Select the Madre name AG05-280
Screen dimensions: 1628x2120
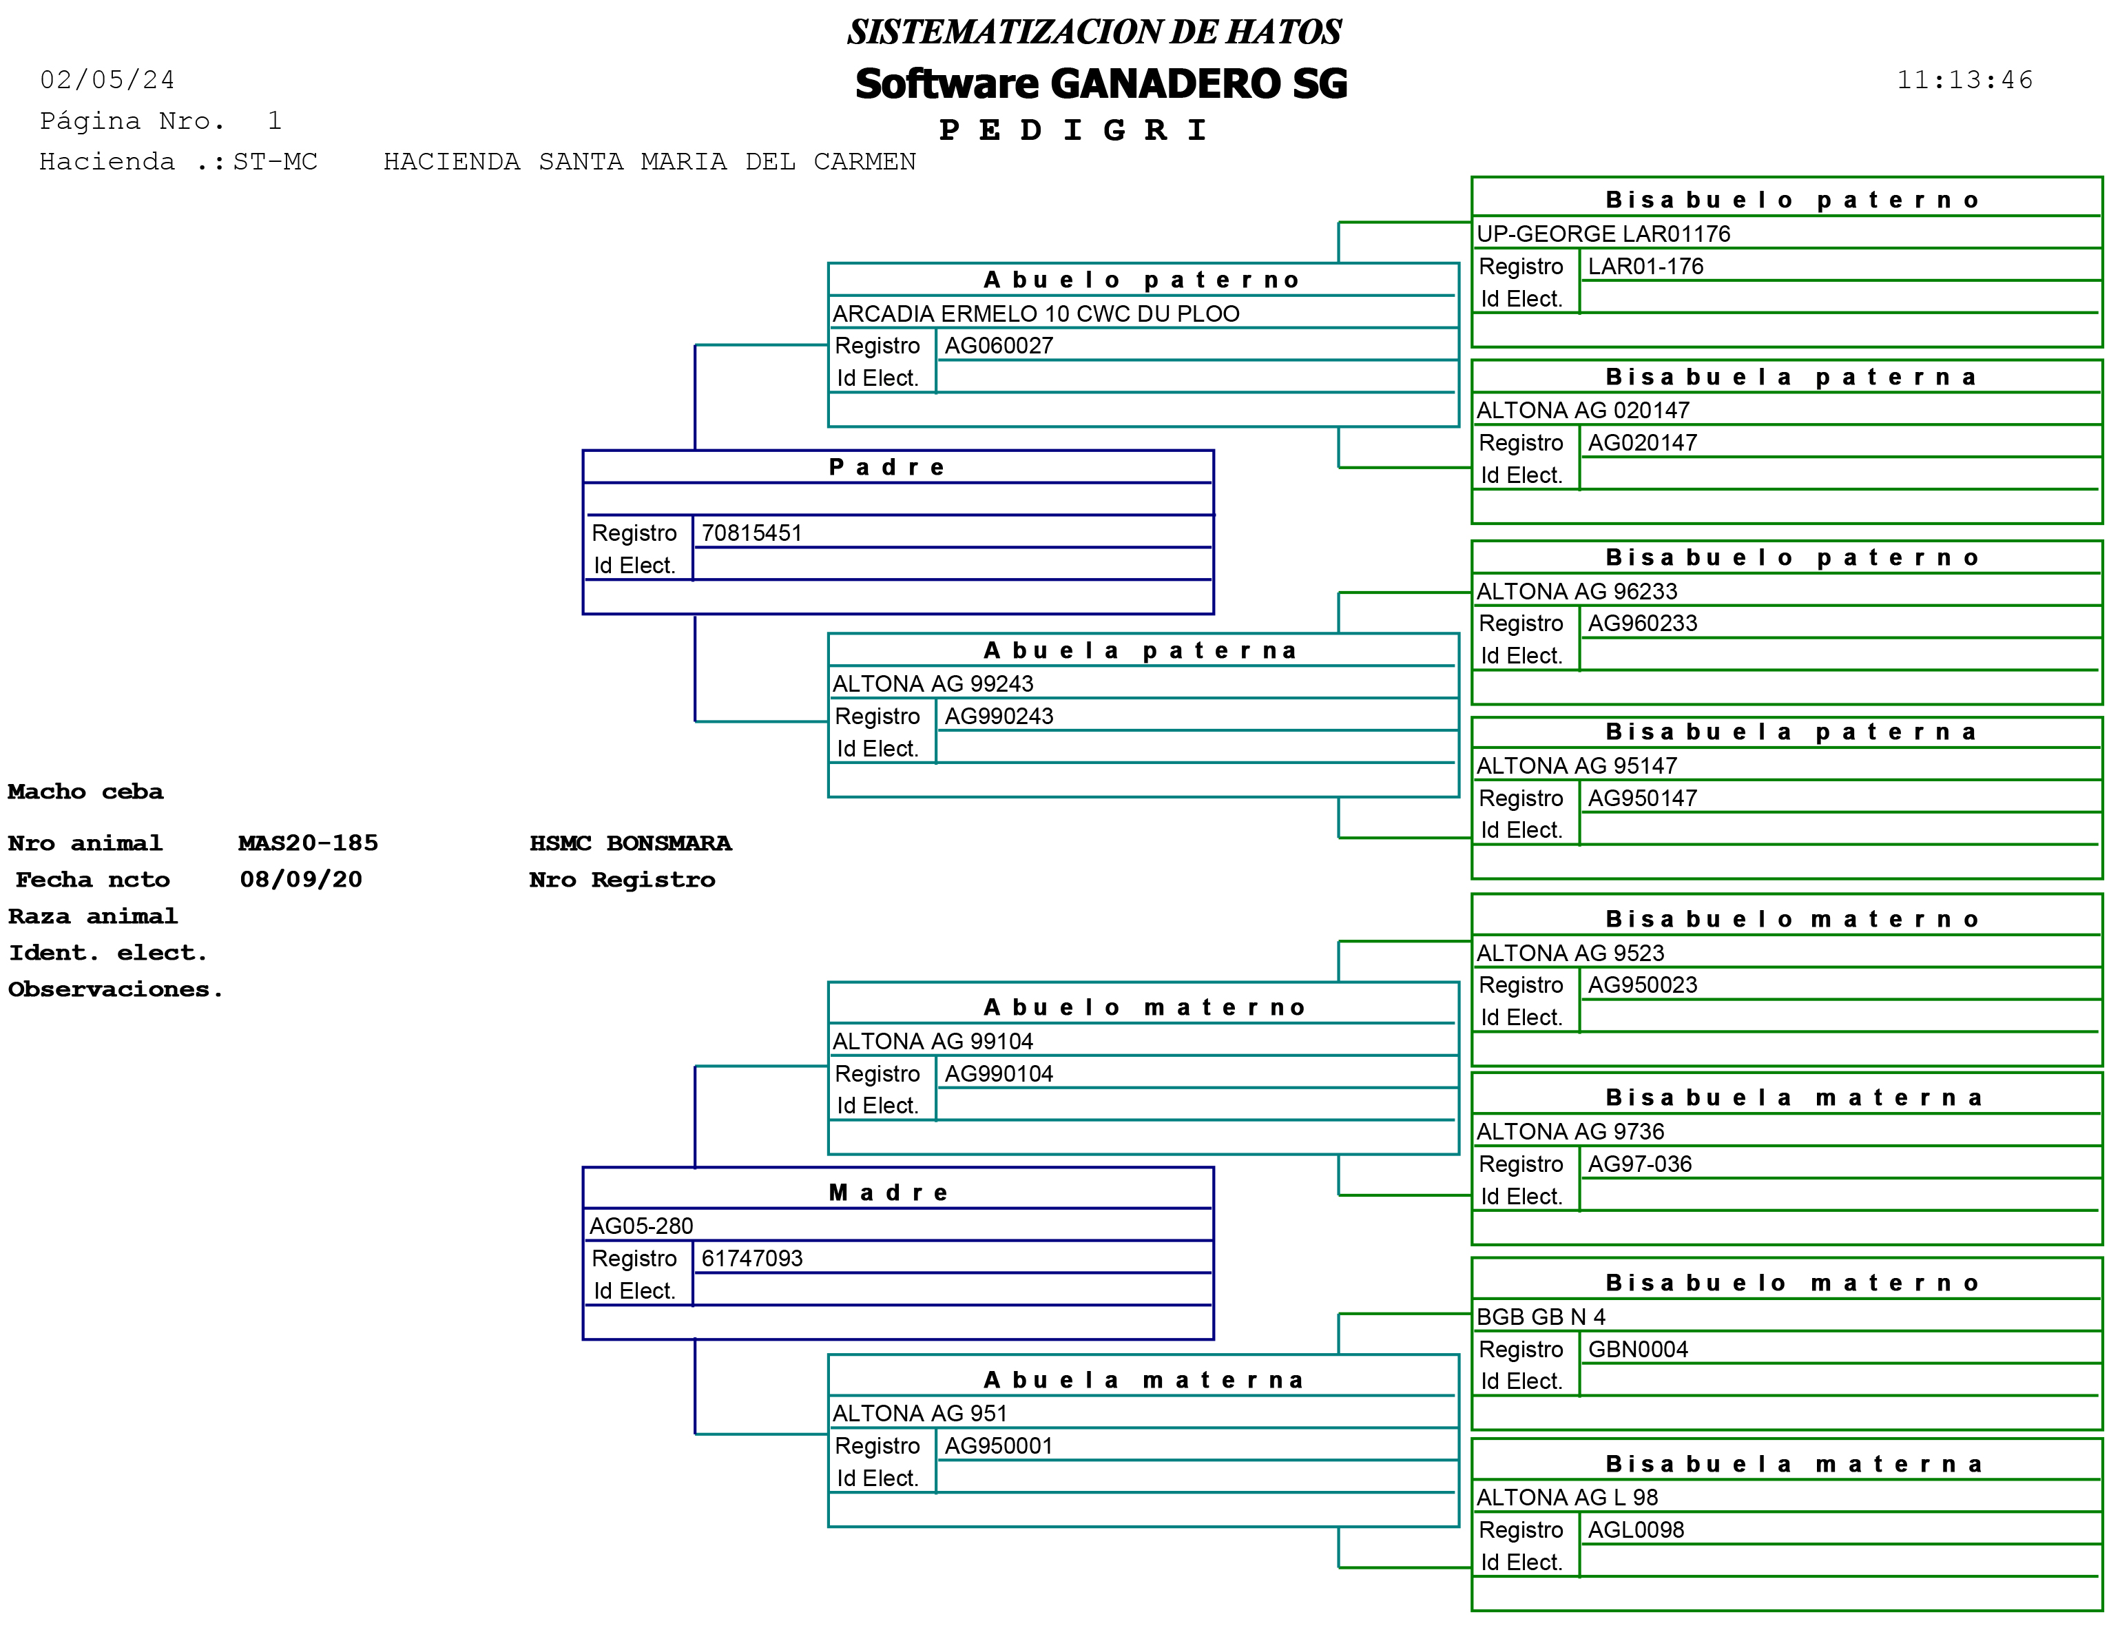pos(641,1226)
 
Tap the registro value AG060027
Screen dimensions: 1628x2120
pos(998,346)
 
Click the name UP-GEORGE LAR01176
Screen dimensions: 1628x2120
pos(1603,234)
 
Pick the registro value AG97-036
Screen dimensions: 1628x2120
pos(1639,1164)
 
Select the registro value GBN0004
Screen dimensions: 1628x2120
pos(1636,1349)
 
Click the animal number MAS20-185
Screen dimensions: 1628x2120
pos(308,843)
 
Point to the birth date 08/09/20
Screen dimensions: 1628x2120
pos(300,880)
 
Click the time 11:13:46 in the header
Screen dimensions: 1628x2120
pos(1964,81)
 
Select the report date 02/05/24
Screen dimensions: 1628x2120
pos(107,81)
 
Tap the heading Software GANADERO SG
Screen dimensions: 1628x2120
pos(1101,84)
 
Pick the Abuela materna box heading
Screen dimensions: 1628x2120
pos(1143,1380)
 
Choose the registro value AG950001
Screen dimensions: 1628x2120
pos(998,1446)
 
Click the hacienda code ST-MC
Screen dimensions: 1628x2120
pos(276,162)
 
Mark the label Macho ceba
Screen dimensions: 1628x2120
pos(85,792)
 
